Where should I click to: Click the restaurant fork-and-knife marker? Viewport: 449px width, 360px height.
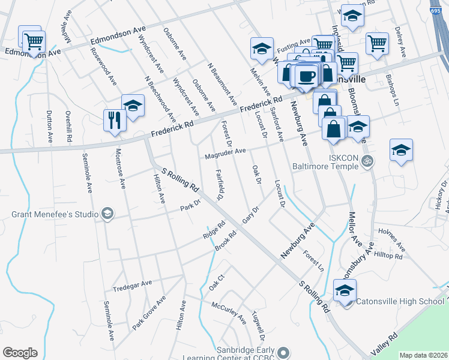tap(113, 119)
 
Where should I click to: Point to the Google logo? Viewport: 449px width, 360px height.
tap(20, 353)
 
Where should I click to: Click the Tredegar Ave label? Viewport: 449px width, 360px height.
tap(132, 283)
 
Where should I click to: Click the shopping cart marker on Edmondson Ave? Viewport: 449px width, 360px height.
tap(34, 41)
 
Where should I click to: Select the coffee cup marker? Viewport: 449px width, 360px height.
tap(307, 76)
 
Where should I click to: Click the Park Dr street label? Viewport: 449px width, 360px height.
tap(190, 209)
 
